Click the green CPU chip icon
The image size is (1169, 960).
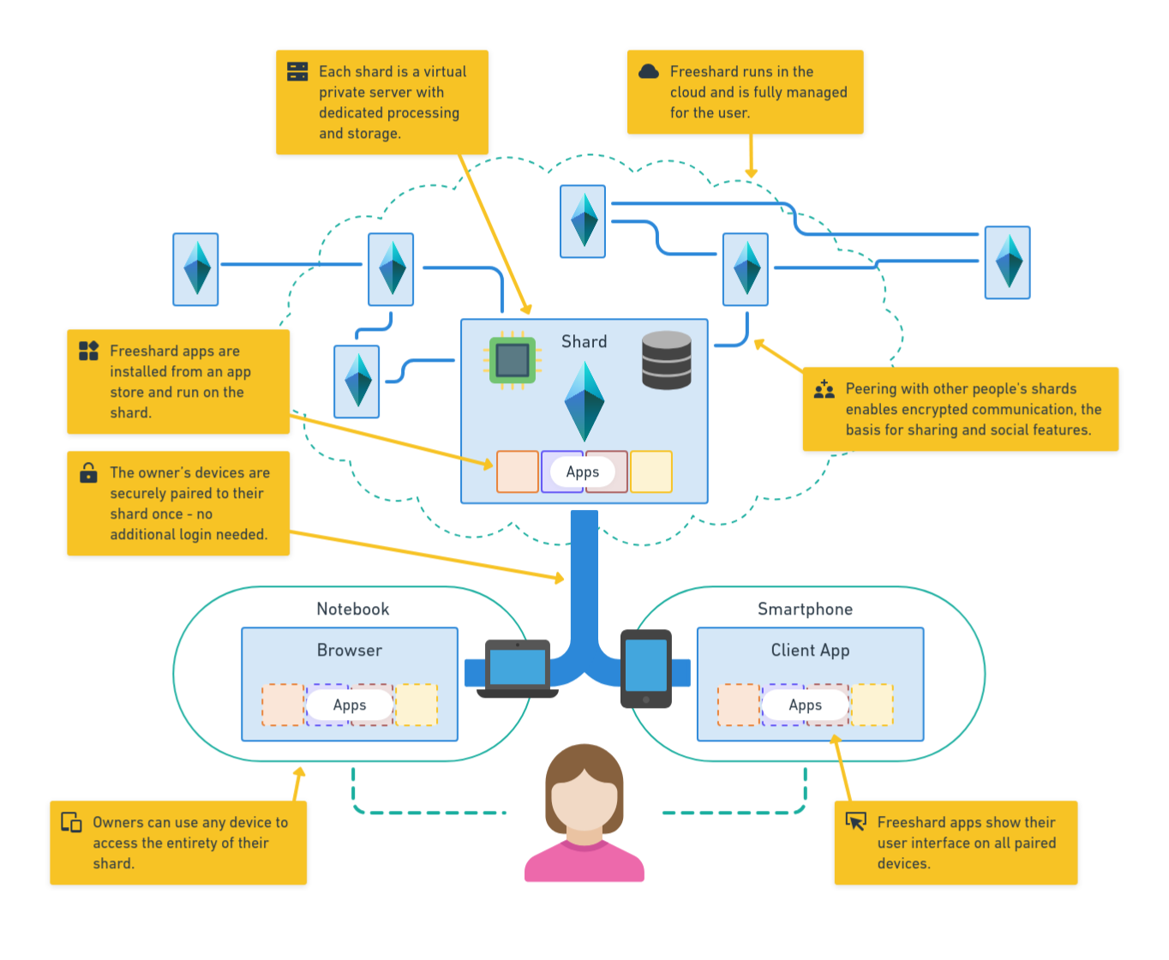512,360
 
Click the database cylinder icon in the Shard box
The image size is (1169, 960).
667,360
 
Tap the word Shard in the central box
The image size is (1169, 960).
584,341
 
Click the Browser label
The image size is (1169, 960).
350,650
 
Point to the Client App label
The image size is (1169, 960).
810,650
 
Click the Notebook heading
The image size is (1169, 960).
353,609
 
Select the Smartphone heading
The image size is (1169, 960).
805,609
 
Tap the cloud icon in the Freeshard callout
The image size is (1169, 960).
649,71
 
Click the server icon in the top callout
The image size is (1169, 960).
297,71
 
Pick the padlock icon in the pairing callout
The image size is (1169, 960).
88,472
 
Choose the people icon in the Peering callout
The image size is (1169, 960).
824,389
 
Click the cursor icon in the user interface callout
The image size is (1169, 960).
855,821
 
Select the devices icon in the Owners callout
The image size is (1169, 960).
71,822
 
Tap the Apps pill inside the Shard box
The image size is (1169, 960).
583,471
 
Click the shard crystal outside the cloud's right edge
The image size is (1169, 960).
1007,262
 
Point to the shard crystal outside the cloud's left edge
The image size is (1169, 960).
196,269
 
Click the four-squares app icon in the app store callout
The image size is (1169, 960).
88,351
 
